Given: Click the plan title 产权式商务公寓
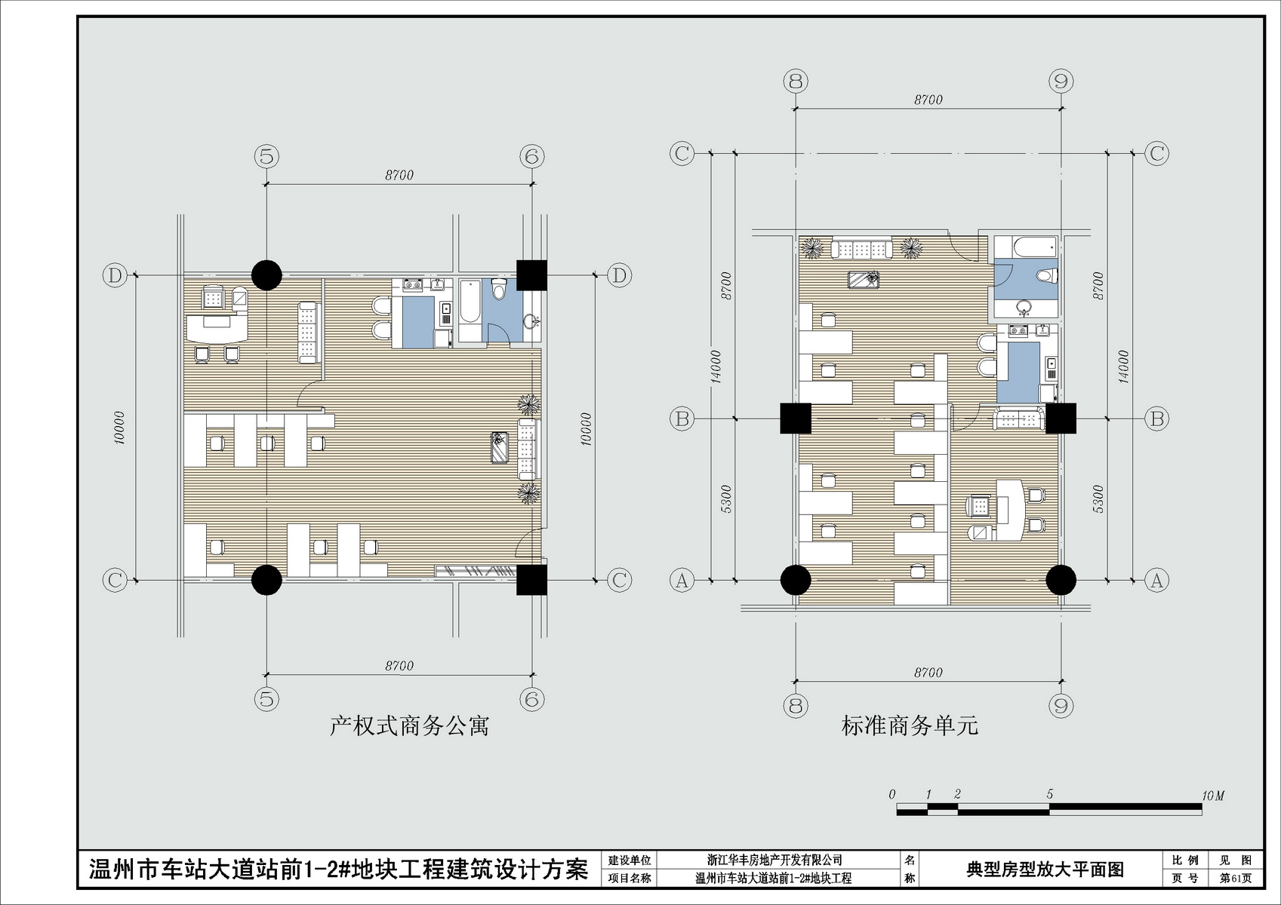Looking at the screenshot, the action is [409, 727].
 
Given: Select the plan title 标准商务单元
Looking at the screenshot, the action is [910, 726].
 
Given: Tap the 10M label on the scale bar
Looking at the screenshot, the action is [1212, 796].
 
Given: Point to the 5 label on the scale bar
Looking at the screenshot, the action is [1049, 794].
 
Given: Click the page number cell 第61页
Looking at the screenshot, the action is [1235, 878].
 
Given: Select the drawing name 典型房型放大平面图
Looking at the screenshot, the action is [1045, 870].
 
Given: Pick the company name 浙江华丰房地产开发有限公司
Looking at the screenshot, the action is [774, 860].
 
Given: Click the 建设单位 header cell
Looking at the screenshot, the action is [629, 861].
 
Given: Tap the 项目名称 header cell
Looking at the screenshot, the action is [629, 878].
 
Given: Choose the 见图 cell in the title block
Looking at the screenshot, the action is [1235, 861].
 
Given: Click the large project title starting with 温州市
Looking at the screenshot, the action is [338, 870].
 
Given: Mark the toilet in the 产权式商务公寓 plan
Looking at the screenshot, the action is [500, 289].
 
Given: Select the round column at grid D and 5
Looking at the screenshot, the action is [266, 275].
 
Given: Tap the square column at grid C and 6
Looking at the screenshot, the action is [532, 580].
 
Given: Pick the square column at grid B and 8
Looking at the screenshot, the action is [796, 419].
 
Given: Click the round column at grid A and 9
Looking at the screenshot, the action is [1061, 580].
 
